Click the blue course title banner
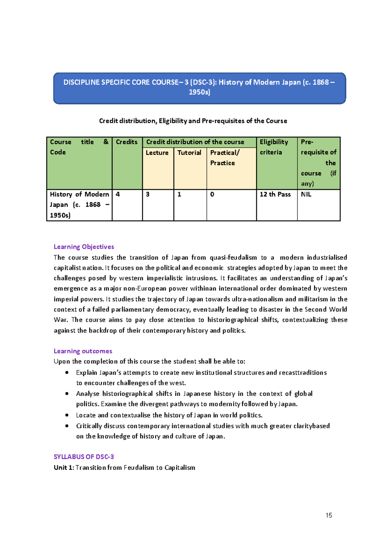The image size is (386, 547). tap(199, 88)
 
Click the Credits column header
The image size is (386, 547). tap(127, 142)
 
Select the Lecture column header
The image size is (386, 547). tap(157, 153)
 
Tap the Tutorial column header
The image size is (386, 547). tap(189, 153)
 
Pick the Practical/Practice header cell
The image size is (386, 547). tap(225, 158)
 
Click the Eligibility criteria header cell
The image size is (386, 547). tap(274, 147)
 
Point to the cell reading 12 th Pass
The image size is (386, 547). tap(275, 195)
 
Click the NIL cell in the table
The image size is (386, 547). tap(306, 195)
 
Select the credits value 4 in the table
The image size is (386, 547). tap(118, 195)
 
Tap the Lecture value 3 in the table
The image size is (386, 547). tap(148, 195)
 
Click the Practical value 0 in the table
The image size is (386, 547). tap(212, 195)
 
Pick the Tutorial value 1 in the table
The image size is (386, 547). tap(179, 195)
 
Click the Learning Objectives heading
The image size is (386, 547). tap(84, 247)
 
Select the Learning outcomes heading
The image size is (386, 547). tap(83, 351)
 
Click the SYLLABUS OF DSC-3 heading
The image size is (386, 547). tap(84, 457)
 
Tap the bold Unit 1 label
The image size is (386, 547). tap(64, 467)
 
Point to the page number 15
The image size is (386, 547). tap(329, 515)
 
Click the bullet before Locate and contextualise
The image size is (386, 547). tap(67, 415)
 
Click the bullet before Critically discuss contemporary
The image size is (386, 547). tap(67, 426)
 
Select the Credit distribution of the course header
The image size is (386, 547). tap(195, 142)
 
